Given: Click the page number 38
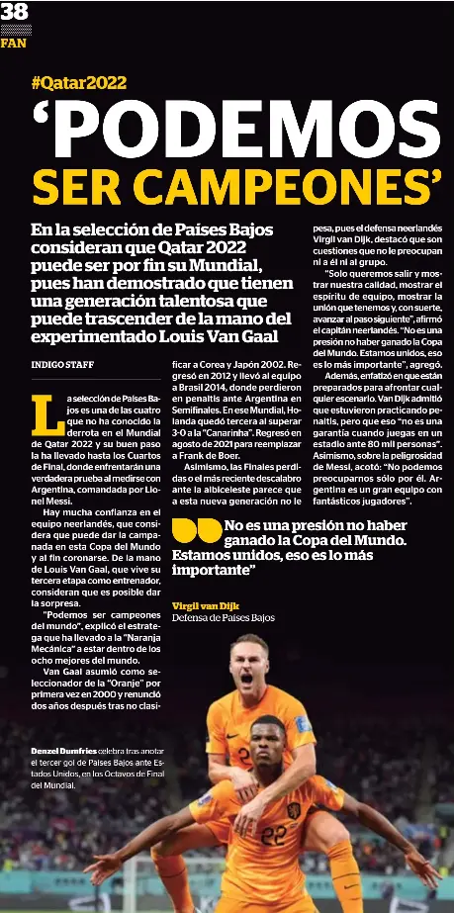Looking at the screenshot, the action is pos(15,12).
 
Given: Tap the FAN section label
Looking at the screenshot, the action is pos(13,44).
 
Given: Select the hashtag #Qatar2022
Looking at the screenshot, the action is pos(79,84).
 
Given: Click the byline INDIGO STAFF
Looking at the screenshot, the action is pos(62,364).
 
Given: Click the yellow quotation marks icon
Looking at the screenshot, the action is pos(196,531).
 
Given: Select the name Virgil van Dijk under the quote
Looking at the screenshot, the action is pos(205,604).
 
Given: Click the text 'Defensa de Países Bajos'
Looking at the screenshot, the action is pos(223,617).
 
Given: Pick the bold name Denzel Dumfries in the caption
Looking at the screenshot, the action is pos(62,753).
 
